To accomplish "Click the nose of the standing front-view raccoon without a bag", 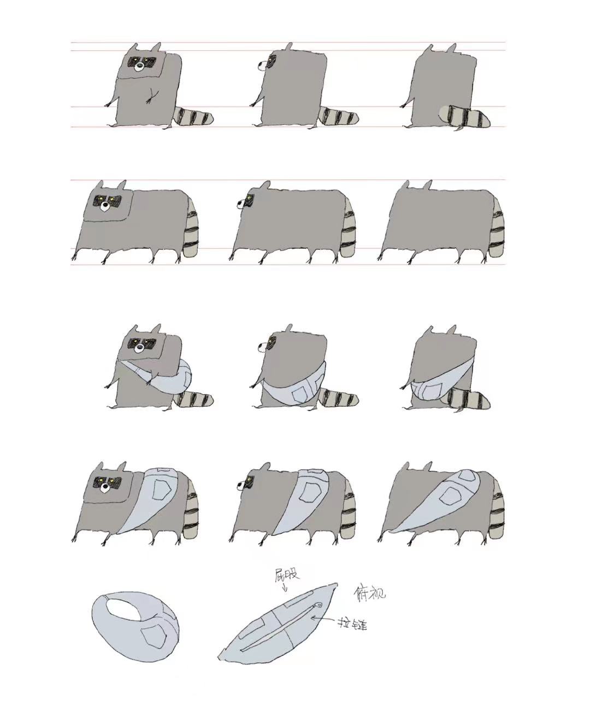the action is (x=139, y=67).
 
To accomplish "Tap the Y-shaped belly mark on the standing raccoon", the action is (x=152, y=95).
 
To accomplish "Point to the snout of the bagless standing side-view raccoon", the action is (x=262, y=66).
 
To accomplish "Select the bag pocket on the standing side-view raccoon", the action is (x=299, y=394).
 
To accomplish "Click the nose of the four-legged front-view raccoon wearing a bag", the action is (x=105, y=487).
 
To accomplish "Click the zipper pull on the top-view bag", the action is (x=319, y=605).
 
